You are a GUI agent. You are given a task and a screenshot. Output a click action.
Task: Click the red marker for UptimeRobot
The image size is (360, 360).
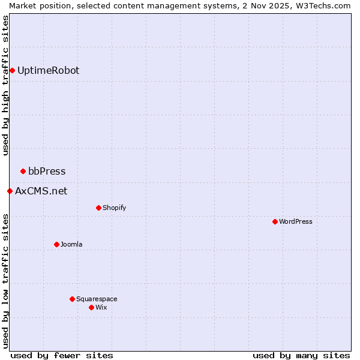12,71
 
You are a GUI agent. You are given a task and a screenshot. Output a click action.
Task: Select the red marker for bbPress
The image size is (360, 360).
23,172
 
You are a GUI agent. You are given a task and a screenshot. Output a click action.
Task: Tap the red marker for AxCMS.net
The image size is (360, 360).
10,191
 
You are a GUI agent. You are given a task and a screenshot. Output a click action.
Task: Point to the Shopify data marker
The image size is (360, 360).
98,208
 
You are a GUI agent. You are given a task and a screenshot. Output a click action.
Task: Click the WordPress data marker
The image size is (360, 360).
275,222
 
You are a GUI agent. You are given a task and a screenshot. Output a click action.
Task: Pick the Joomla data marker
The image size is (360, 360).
56,245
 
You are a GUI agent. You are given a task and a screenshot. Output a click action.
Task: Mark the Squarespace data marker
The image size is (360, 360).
72,299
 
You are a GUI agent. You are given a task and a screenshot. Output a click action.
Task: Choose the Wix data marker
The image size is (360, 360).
91,308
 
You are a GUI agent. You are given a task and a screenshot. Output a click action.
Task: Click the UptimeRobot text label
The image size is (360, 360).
48,71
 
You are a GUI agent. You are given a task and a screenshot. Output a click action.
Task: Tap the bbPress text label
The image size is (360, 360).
47,172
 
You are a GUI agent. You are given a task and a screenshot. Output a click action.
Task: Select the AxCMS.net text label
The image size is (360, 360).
41,191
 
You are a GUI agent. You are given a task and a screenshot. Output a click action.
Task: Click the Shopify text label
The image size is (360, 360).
114,208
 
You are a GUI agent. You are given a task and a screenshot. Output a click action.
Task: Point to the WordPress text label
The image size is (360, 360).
295,222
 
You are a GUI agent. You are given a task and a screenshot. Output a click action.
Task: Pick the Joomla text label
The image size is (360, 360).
71,245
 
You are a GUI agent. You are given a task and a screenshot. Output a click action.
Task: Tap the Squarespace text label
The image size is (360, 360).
97,299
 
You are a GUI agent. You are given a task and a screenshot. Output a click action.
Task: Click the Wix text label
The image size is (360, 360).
101,308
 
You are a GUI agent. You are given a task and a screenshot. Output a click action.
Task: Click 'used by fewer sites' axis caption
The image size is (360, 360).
62,355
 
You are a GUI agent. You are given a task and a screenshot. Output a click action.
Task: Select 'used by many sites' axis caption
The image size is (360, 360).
301,355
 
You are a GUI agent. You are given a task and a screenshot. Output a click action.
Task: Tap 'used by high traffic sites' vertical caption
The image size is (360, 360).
5,85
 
